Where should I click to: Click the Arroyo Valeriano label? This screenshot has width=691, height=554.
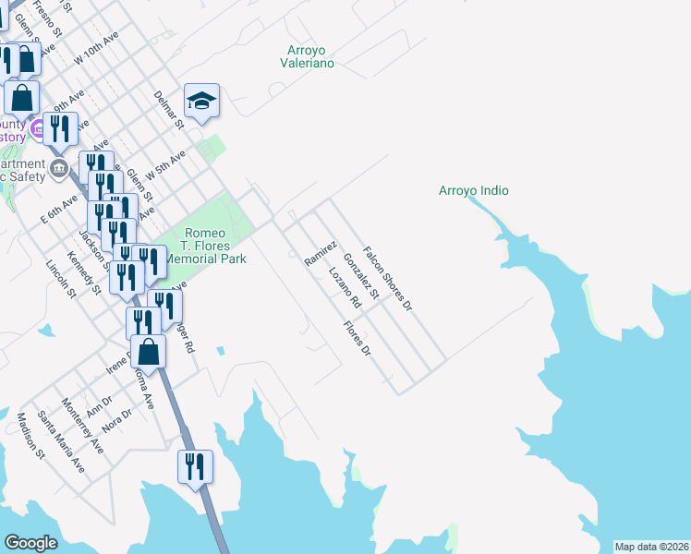(307, 57)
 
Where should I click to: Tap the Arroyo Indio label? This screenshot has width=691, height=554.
(473, 191)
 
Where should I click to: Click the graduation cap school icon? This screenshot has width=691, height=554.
(201, 101)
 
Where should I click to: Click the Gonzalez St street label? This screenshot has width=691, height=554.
(361, 277)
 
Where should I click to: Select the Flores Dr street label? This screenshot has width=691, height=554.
(356, 339)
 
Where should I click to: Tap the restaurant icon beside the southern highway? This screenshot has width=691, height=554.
(195, 465)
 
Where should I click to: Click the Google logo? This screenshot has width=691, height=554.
(31, 543)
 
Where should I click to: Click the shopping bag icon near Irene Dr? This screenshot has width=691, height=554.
(148, 351)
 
